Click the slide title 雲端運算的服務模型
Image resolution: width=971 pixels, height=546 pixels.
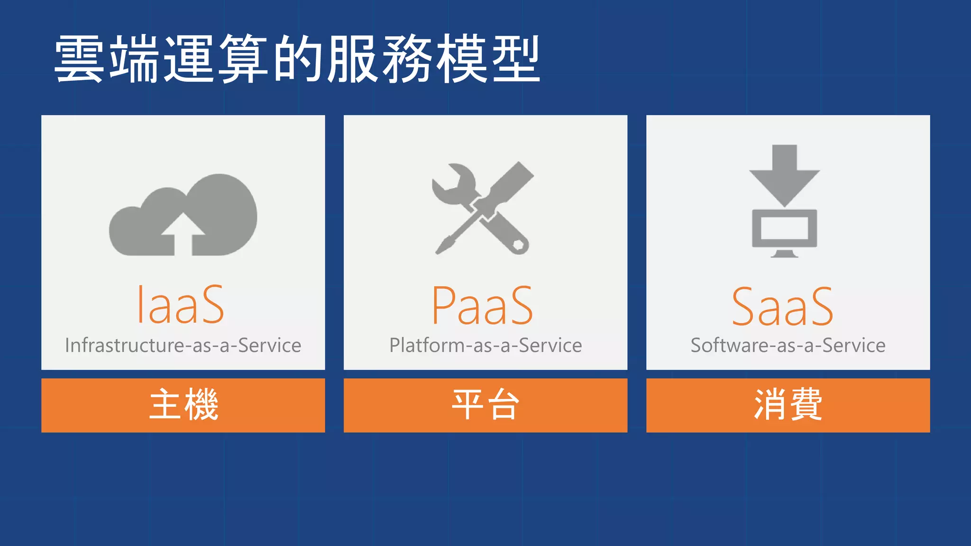tap(297, 59)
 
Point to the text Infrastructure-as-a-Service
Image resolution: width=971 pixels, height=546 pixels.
tap(183, 346)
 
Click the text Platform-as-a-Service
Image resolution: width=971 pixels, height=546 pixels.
tap(485, 346)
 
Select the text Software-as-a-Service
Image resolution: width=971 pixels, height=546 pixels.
tap(788, 346)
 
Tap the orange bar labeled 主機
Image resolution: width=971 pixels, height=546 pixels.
tap(183, 405)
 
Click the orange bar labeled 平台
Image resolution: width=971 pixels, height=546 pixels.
tap(485, 405)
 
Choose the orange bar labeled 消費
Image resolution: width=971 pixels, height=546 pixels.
tap(788, 405)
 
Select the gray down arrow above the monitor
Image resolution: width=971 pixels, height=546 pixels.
tap(785, 175)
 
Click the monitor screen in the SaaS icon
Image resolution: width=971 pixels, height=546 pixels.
tap(785, 228)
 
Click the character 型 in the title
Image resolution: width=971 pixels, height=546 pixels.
tap(516, 59)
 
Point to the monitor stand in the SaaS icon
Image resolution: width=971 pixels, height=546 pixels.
tap(785, 254)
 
